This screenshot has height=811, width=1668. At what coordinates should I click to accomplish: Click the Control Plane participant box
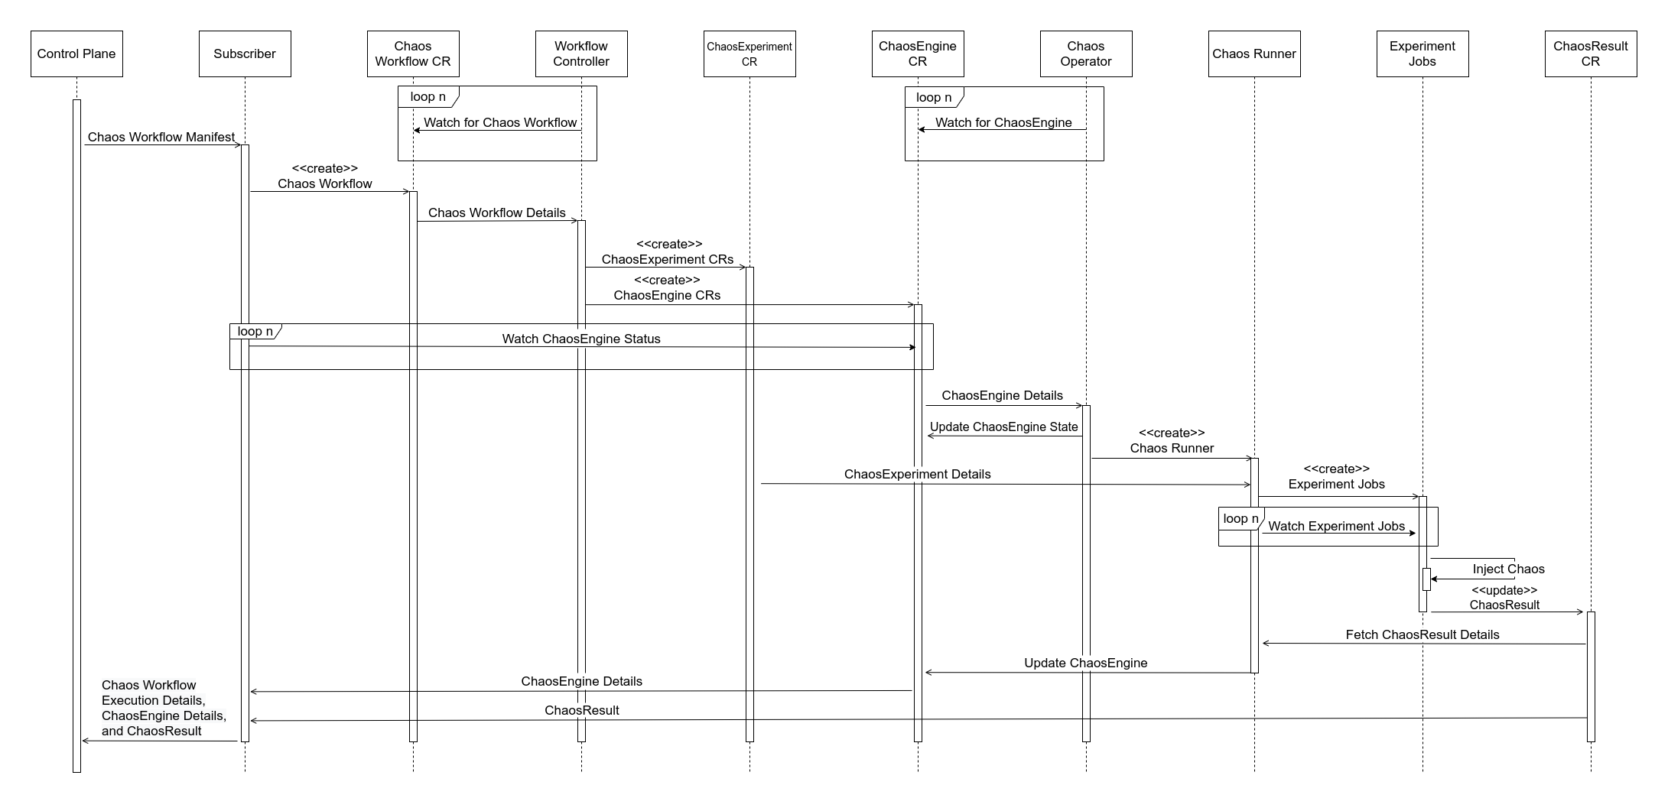76,54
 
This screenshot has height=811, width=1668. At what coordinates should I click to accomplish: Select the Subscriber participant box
245,54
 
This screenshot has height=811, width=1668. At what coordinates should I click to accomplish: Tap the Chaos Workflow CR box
413,54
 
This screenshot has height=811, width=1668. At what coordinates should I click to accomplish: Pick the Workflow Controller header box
581,54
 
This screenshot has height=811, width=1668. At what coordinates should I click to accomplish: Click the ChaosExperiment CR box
749,54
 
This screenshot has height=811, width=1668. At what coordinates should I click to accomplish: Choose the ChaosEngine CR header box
918,54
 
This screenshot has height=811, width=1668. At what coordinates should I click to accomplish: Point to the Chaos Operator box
1086,54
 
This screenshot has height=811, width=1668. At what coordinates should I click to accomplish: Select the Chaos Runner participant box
1254,54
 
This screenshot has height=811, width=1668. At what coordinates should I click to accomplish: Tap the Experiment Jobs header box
1423,54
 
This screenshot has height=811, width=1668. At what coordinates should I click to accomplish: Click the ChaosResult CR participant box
1591,54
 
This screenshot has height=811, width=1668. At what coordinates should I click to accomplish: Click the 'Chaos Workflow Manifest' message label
161,138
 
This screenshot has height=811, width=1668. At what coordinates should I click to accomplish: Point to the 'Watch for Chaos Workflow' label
500,122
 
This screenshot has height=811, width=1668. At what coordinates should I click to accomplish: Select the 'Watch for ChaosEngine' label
1003,122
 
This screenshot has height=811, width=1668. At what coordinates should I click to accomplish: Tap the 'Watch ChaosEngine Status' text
581,339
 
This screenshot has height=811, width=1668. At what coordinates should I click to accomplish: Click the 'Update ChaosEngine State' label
1003,427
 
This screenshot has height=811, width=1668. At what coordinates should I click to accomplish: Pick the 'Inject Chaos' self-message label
1508,569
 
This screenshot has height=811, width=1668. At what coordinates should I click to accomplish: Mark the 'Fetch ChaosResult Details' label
1423,634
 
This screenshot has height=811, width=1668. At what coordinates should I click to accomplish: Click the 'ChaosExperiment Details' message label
917,474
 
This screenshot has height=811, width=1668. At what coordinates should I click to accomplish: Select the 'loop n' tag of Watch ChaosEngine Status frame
255,332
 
